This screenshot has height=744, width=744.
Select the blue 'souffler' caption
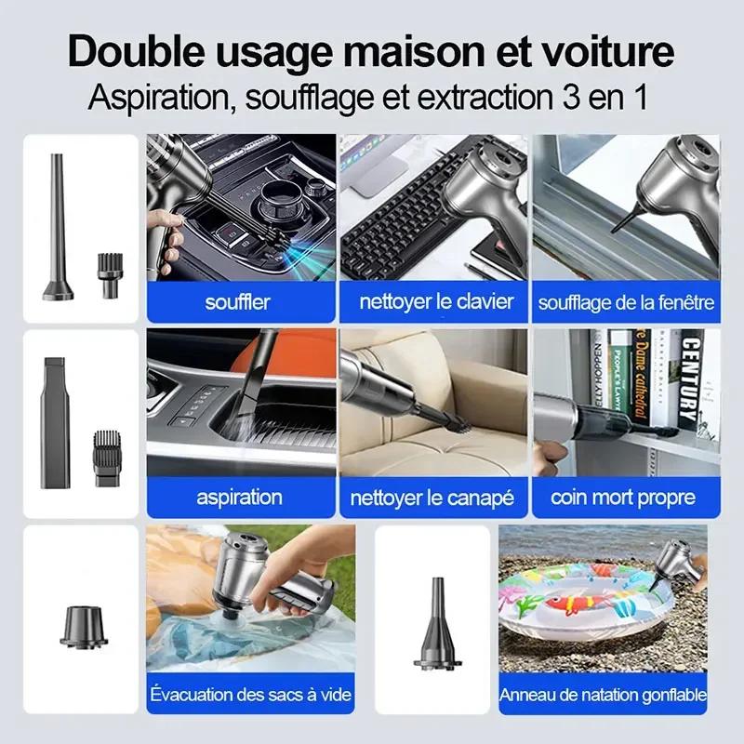[238, 302]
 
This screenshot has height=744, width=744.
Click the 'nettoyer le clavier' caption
[435, 302]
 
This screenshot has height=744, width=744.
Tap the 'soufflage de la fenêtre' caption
[626, 302]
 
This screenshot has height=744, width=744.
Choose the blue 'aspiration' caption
[238, 498]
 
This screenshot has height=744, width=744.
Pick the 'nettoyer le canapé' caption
[432, 498]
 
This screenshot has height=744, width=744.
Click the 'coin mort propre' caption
[623, 498]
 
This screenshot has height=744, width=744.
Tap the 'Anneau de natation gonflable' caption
[604, 695]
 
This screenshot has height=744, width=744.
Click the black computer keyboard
[391, 232]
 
